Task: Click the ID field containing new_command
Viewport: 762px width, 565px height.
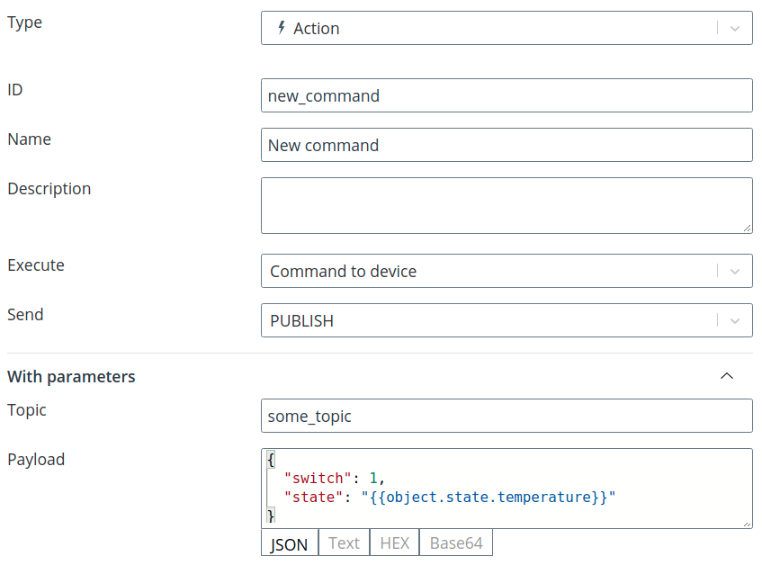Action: click(x=507, y=95)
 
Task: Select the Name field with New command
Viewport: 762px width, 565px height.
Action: click(x=507, y=145)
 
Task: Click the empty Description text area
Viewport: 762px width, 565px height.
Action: click(x=507, y=205)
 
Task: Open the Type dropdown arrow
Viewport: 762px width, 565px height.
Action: click(x=735, y=29)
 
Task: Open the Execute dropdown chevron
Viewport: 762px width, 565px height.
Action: click(x=735, y=271)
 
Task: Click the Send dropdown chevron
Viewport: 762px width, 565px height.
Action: click(x=735, y=320)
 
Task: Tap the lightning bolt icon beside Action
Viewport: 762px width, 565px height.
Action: click(x=282, y=28)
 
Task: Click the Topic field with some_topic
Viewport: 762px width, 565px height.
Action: click(x=507, y=416)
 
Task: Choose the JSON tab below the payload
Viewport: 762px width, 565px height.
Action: click(x=290, y=543)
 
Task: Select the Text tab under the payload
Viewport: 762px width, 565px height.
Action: click(x=344, y=543)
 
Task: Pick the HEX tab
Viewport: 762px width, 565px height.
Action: click(x=395, y=543)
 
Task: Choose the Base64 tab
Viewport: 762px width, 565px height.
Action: click(x=456, y=543)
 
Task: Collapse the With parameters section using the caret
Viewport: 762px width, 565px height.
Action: click(x=727, y=375)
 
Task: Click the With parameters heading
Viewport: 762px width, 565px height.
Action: click(x=71, y=376)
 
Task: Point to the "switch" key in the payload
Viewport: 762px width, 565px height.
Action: click(x=318, y=478)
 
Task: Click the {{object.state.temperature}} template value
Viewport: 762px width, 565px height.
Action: click(x=489, y=497)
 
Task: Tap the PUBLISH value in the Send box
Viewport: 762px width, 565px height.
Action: click(x=301, y=321)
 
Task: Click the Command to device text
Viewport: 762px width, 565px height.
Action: click(x=343, y=271)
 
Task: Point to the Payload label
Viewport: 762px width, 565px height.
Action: click(x=36, y=460)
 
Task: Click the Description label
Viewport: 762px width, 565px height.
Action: click(x=49, y=189)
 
